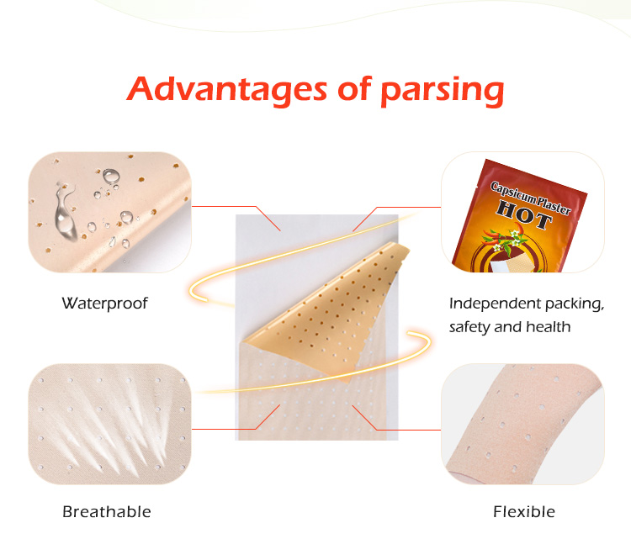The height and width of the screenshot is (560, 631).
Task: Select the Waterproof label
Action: point(104,303)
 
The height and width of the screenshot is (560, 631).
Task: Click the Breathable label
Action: point(106,511)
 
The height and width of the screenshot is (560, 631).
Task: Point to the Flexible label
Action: point(523,511)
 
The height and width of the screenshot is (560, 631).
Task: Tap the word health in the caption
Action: point(549,327)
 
